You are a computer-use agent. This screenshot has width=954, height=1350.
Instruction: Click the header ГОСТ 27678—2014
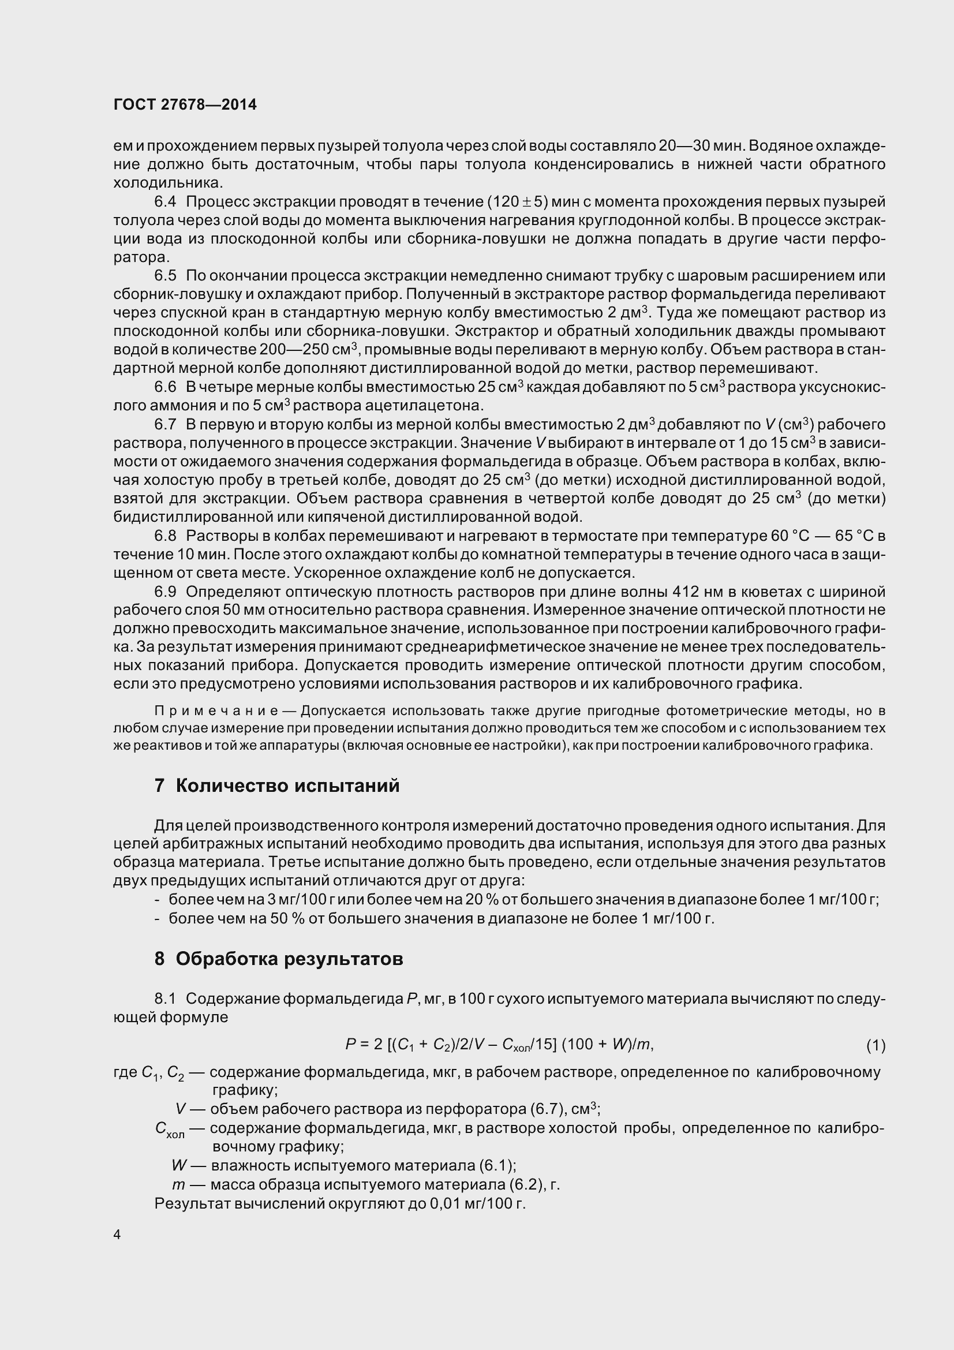pos(185,104)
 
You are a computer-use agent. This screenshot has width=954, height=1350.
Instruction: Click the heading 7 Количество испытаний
pos(277,786)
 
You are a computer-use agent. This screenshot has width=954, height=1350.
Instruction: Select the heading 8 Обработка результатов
pos(279,959)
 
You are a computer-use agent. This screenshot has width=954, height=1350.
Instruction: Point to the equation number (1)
pos(876,1045)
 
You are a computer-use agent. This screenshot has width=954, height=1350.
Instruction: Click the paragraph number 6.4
pos(165,201)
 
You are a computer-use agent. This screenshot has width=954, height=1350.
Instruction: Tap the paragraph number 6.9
pos(165,591)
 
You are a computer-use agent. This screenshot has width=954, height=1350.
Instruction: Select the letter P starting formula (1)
pos(350,1045)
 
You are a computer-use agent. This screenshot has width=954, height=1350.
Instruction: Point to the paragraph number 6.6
pos(165,387)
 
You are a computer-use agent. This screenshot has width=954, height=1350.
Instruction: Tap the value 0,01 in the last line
pos(446,1203)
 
